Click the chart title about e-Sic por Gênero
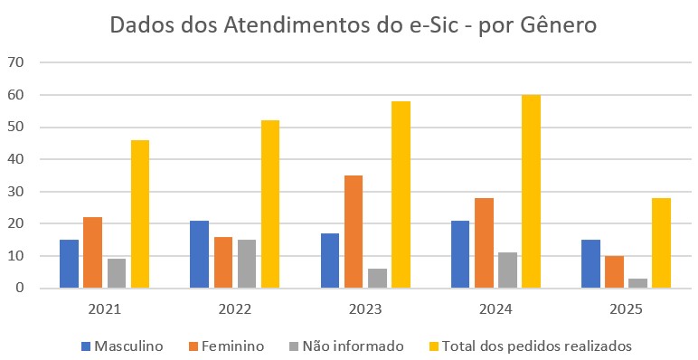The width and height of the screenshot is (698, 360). (353, 25)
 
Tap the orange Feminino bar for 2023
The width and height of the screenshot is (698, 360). (354, 232)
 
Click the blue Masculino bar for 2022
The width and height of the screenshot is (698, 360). (199, 254)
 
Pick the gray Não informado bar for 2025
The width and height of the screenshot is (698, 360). (637, 283)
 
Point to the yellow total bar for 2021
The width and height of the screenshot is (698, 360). (140, 214)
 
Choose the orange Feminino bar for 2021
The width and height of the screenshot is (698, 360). (93, 252)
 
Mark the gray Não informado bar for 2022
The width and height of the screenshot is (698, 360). (247, 264)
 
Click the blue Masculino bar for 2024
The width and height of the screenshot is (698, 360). (459, 254)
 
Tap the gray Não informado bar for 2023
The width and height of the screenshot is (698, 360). (377, 279)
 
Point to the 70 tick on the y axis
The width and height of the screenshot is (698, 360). (15, 62)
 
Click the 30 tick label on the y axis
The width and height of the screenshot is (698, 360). (15, 192)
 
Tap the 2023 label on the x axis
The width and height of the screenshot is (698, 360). (365, 309)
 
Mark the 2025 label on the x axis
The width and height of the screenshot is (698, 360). (626, 309)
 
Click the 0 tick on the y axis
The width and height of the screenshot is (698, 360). (19, 289)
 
